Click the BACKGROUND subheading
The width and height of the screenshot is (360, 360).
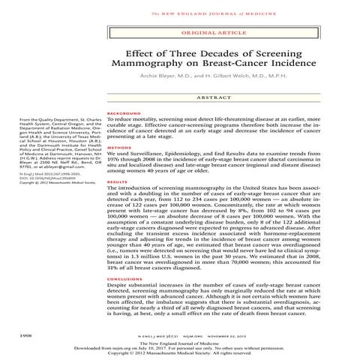[123, 112]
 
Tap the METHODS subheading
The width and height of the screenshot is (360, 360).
[118, 148]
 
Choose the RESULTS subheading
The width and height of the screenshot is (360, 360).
[118, 181]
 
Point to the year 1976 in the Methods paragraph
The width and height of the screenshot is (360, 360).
[115, 162]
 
